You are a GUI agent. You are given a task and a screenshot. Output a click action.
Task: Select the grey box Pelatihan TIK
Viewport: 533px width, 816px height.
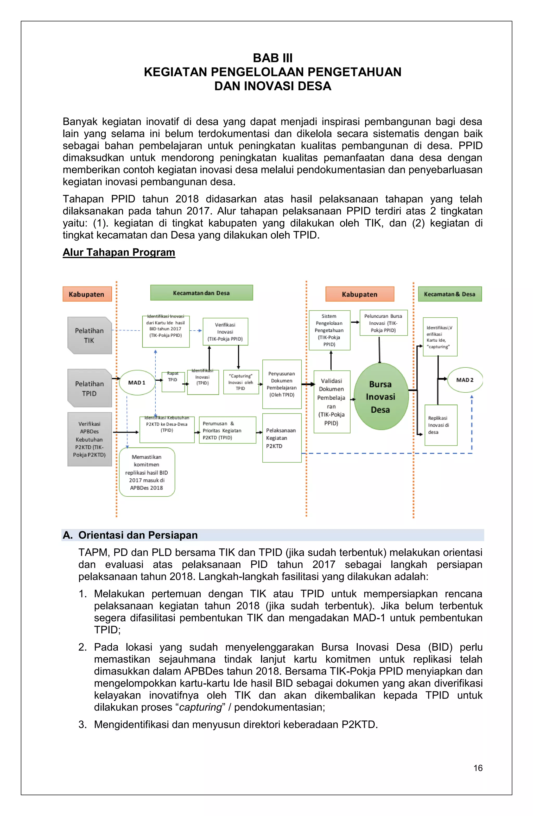pyautogui.click(x=90, y=335)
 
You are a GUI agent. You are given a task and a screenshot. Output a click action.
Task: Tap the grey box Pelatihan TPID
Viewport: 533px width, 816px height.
pyautogui.click(x=90, y=388)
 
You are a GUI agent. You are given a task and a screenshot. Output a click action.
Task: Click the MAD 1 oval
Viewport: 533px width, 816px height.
pyautogui.click(x=137, y=383)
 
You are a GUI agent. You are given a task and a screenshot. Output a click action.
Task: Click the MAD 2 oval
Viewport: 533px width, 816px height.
pyautogui.click(x=465, y=380)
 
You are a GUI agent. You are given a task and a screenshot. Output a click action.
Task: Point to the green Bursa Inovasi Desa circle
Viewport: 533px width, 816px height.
pyautogui.click(x=380, y=397)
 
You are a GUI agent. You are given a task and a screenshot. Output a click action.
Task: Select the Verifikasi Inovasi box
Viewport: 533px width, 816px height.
pyautogui.click(x=225, y=332)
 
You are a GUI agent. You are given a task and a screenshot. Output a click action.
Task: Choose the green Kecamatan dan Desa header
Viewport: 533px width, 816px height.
pyautogui.click(x=201, y=293)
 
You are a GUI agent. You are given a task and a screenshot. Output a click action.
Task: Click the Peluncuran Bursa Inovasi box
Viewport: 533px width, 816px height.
pyautogui.click(x=383, y=323)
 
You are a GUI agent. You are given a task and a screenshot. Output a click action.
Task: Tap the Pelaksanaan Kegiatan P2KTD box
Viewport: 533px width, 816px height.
pyautogui.click(x=282, y=438)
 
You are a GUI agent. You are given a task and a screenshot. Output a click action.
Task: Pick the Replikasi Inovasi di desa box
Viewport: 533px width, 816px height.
pyautogui.click(x=441, y=425)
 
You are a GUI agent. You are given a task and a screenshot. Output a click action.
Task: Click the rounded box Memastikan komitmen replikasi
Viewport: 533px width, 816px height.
pyautogui.click(x=147, y=472)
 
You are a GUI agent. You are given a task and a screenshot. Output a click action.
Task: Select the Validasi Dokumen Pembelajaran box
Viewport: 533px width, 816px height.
pyautogui.click(x=332, y=401)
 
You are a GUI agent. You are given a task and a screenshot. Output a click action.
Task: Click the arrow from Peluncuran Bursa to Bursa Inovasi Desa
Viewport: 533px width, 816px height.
pyautogui.click(x=379, y=350)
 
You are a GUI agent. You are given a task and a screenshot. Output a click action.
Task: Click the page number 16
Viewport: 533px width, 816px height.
pyautogui.click(x=478, y=768)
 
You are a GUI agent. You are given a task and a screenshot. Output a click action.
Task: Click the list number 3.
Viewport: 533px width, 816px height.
pyautogui.click(x=82, y=725)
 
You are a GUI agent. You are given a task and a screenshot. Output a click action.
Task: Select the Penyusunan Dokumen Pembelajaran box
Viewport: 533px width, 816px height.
pyautogui.click(x=282, y=384)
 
